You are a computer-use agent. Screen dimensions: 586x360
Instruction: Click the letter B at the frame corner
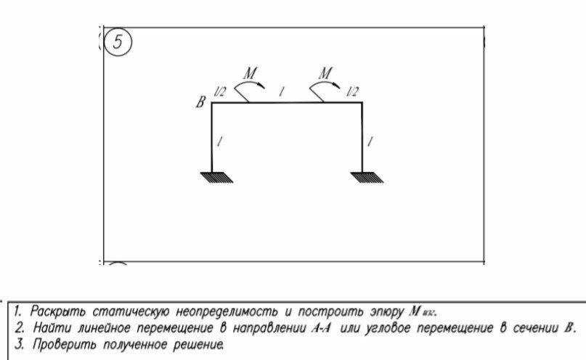coord(200,103)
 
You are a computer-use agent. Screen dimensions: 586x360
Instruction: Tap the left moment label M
coord(251,73)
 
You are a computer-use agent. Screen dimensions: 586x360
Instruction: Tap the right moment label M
coord(326,73)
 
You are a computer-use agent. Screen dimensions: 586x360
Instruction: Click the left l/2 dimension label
coord(219,91)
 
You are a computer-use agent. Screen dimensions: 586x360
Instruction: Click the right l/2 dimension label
coord(352,91)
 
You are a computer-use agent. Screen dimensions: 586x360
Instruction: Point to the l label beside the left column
coord(220,143)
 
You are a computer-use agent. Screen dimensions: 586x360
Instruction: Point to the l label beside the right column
coord(370,143)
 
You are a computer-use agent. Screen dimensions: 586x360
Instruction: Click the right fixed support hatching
coord(362,178)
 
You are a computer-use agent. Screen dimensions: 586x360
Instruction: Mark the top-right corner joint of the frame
coord(362,103)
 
